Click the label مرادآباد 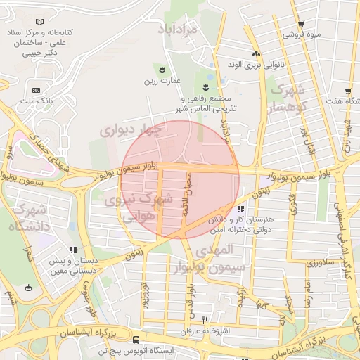pyautogui.click(x=184, y=29)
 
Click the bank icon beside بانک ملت pyautogui.click(x=36, y=91)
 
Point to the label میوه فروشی pyautogui.click(x=302, y=34)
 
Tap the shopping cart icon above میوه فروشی pyautogui.click(x=300, y=23)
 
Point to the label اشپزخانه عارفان pyautogui.click(x=206, y=330)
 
